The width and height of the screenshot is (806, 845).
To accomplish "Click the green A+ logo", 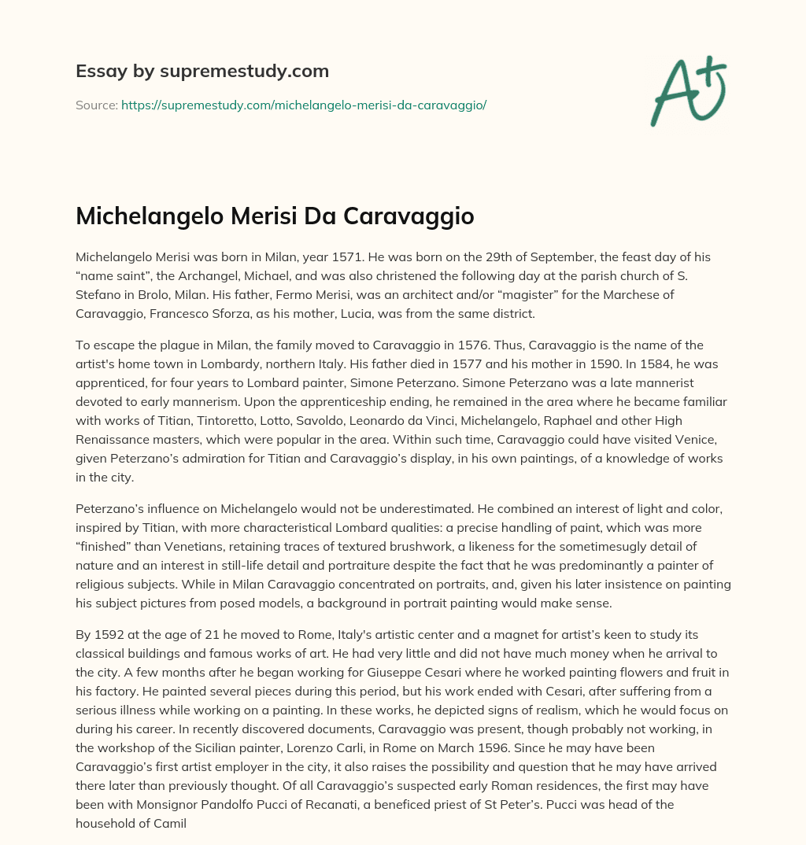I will click(687, 90).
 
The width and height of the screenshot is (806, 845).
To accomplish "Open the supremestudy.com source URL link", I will click(304, 105).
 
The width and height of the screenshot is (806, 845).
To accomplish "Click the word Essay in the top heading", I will click(97, 72).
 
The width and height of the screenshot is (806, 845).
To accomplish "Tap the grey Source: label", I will click(97, 105).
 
